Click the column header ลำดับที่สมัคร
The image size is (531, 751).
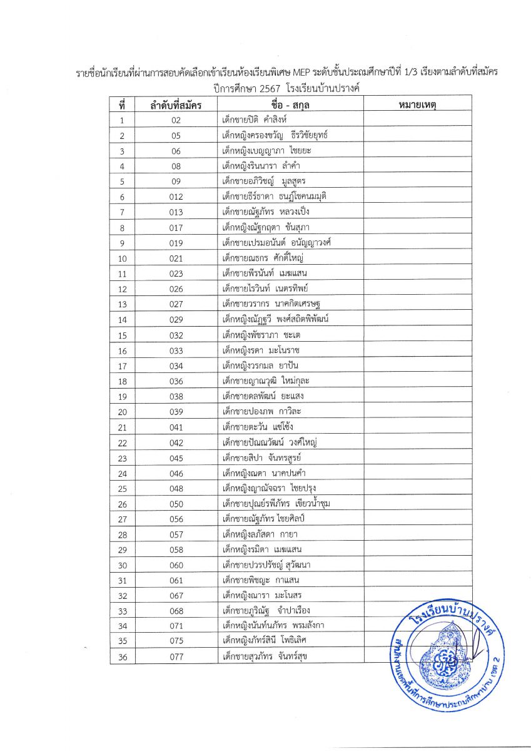(175, 105)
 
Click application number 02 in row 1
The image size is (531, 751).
(176, 120)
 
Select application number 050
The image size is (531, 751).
(176, 504)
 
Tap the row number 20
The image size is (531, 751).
(123, 412)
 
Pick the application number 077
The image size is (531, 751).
(176, 656)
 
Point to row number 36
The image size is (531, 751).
(123, 656)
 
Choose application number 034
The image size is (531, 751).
(176, 365)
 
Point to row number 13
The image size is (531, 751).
(123, 305)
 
